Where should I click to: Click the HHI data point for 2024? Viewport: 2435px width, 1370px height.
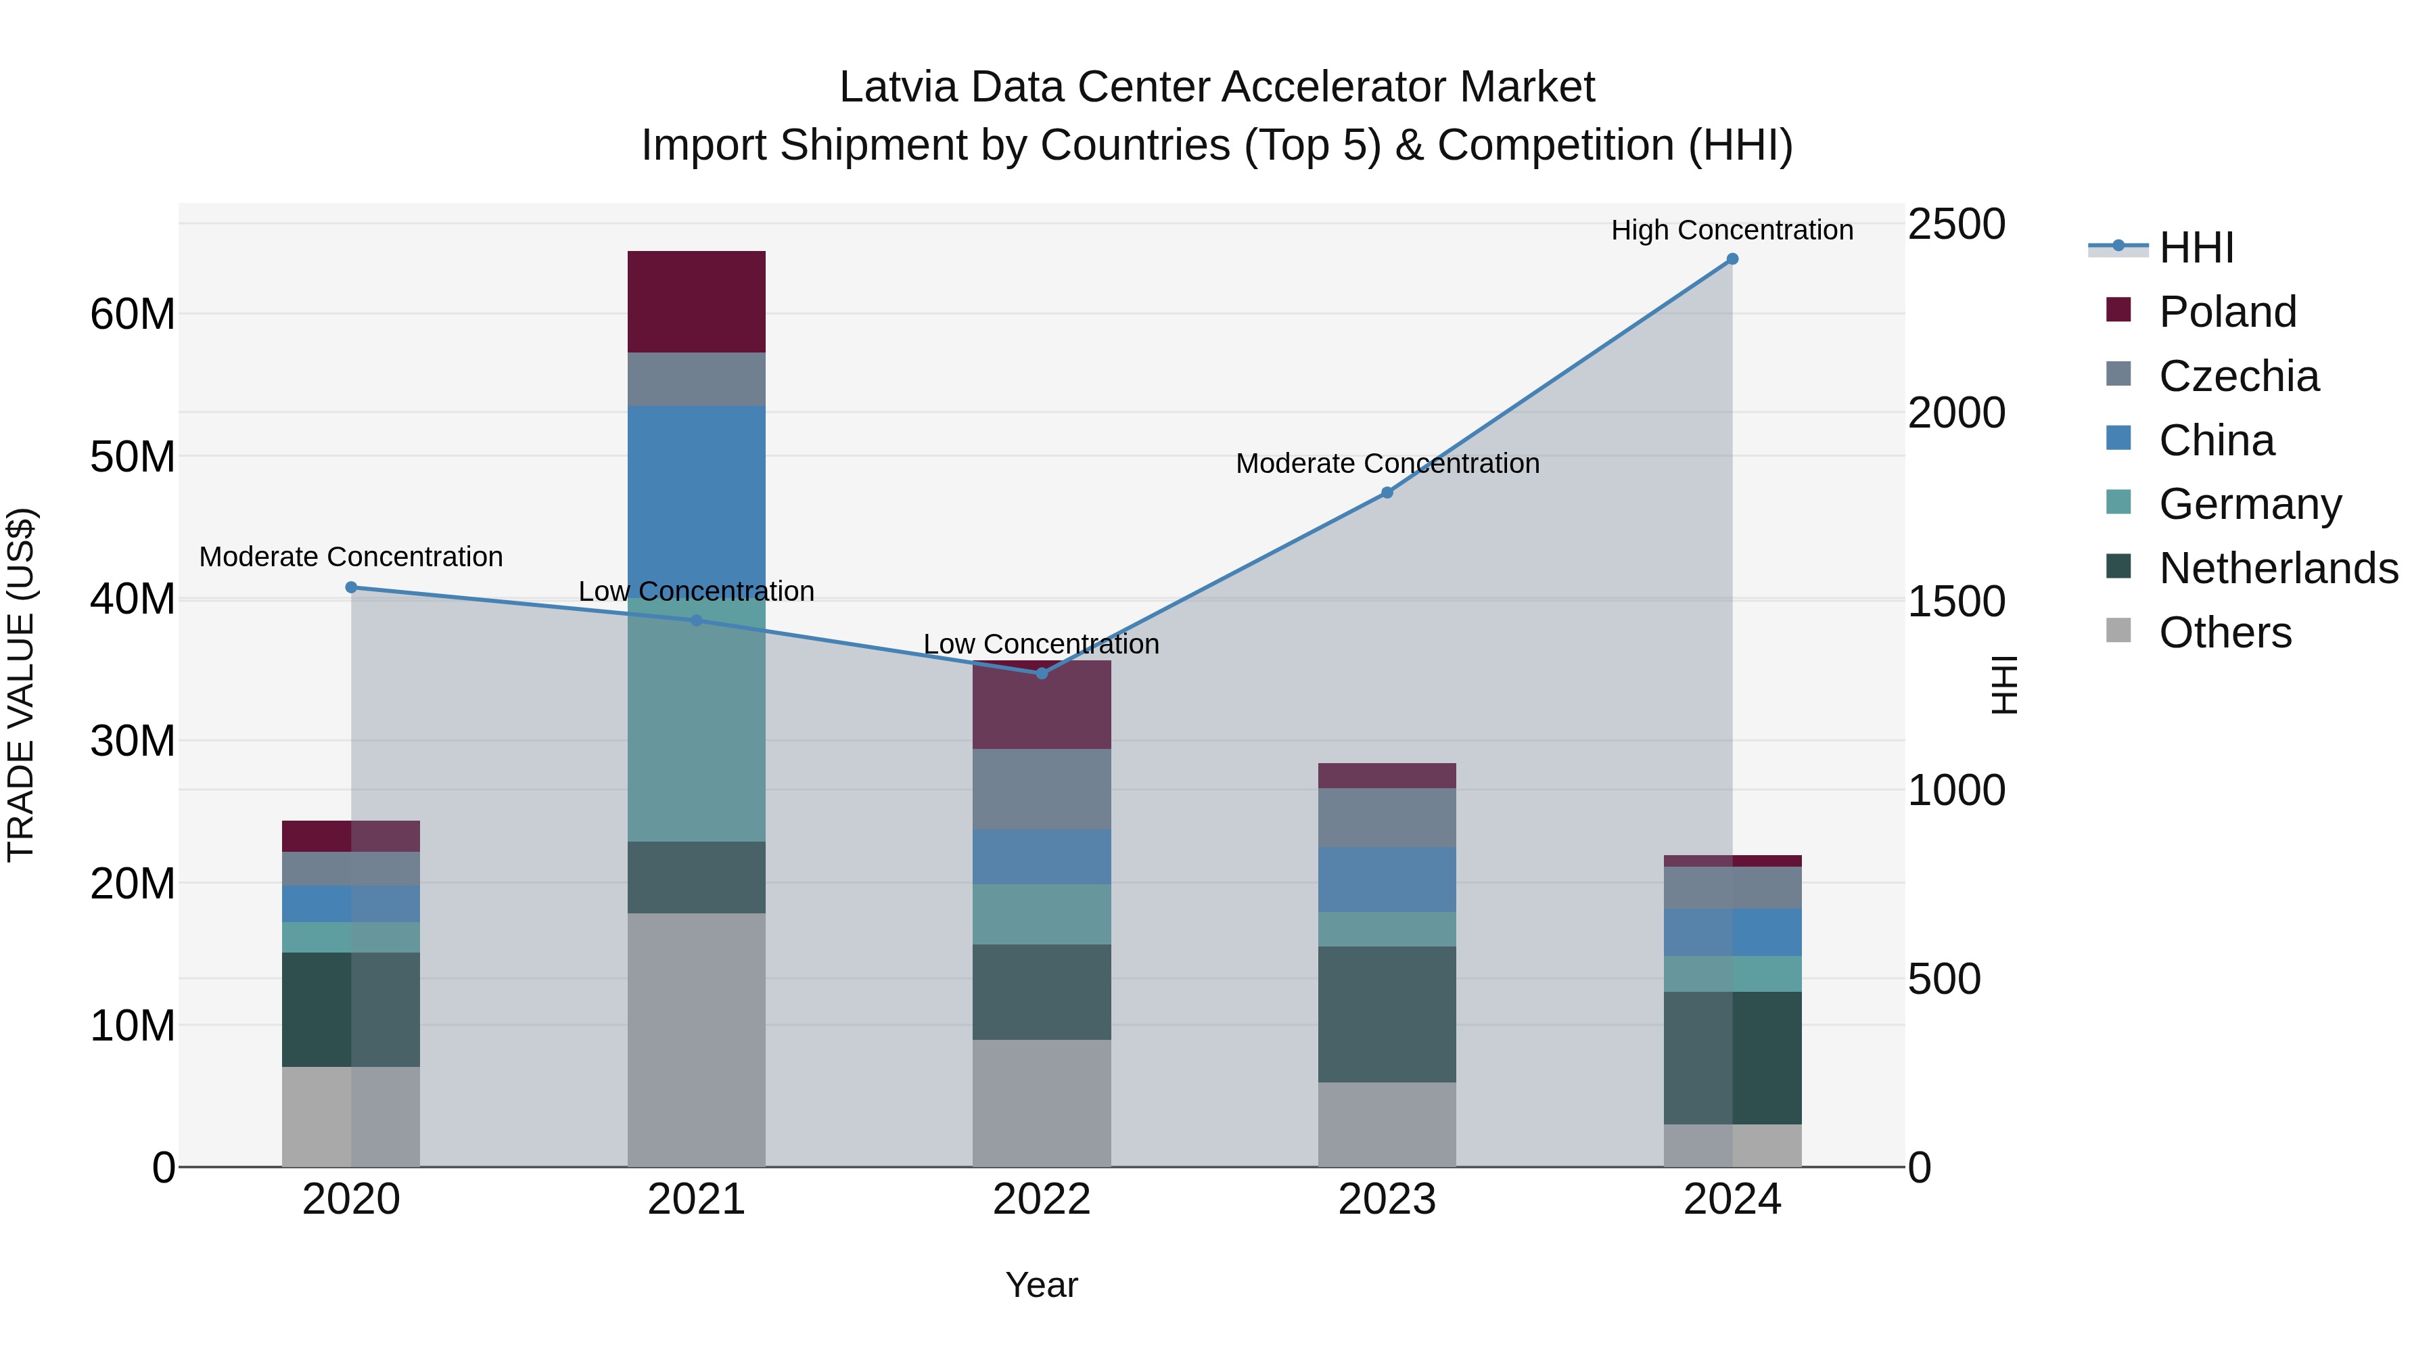1732,259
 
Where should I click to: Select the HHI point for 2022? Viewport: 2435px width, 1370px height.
1042,673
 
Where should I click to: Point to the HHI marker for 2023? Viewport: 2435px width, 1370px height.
1387,493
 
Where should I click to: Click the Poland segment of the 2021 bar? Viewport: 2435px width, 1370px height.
696,302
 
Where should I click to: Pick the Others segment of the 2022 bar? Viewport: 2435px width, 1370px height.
1042,1103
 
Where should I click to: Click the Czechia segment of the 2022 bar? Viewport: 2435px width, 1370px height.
1042,789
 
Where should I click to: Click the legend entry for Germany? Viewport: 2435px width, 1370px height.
2250,504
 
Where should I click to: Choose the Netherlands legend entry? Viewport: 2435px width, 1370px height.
2278,568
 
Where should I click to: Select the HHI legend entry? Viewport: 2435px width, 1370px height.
2196,248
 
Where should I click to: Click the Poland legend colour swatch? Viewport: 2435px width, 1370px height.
2118,310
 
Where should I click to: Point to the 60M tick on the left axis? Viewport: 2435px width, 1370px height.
133,314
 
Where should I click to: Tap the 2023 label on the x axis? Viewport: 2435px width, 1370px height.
1387,1200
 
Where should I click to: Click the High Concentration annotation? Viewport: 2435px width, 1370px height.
1732,230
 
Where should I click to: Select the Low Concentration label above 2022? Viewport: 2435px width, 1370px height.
1041,644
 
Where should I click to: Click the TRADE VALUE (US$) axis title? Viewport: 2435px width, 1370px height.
21,685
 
